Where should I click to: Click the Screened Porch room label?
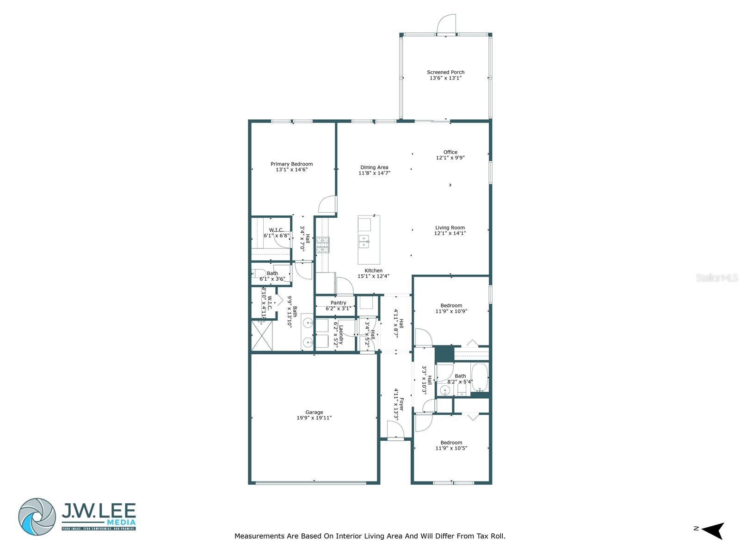pyautogui.click(x=445, y=72)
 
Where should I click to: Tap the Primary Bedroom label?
pyautogui.click(x=291, y=164)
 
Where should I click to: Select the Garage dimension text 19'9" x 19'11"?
pyautogui.click(x=314, y=418)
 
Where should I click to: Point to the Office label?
pyautogui.click(x=450, y=152)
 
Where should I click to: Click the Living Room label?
pyautogui.click(x=450, y=228)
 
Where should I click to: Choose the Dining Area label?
pyautogui.click(x=374, y=167)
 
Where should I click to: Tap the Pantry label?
pyautogui.click(x=338, y=303)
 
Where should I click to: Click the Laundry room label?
pyautogui.click(x=341, y=335)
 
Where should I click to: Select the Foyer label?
pyautogui.click(x=401, y=404)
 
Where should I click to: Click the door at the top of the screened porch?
pyautogui.click(x=446, y=24)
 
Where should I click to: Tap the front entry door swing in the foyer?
pyautogui.click(x=395, y=430)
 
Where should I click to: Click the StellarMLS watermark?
pyautogui.click(x=716, y=278)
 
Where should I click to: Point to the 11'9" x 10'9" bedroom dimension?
pyautogui.click(x=451, y=311)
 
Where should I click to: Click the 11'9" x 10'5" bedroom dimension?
pyautogui.click(x=451, y=448)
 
